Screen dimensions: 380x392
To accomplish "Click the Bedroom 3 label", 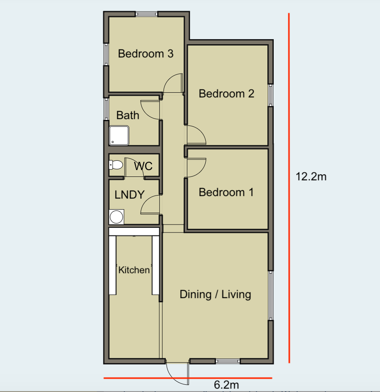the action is click(145, 54).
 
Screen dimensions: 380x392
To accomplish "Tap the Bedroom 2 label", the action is click(226, 94).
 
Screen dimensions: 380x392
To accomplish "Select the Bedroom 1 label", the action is click(226, 192).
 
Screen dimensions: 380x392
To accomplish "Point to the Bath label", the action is click(128, 115).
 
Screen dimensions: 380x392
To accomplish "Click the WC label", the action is click(143, 166).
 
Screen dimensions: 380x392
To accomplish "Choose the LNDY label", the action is click(130, 195).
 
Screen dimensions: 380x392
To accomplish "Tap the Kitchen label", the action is click(134, 270).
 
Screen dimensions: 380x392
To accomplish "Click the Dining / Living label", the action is click(215, 294).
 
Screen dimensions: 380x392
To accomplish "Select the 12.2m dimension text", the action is click(311, 176).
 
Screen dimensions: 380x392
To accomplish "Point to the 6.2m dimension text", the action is click(227, 384).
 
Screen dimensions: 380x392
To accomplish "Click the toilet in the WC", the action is click(116, 165).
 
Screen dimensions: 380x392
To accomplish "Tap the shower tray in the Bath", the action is click(119, 136).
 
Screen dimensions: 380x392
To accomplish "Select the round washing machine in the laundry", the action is click(116, 217).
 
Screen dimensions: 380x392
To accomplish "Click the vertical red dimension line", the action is click(289, 188).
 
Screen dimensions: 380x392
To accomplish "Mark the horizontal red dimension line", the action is click(188, 378).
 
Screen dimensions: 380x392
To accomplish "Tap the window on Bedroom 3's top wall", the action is click(147, 14).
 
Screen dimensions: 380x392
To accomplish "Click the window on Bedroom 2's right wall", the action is click(270, 95).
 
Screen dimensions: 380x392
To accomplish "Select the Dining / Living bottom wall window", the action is click(228, 361).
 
